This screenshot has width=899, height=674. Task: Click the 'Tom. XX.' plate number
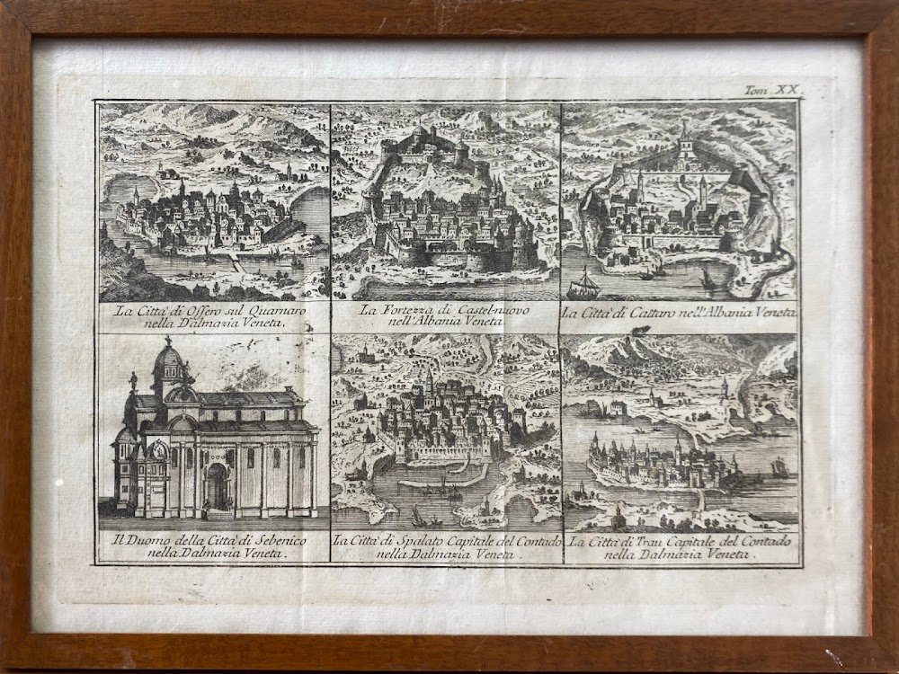tap(772, 90)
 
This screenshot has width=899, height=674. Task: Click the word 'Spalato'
tap(422, 542)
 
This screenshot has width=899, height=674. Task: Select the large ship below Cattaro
tap(585, 285)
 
